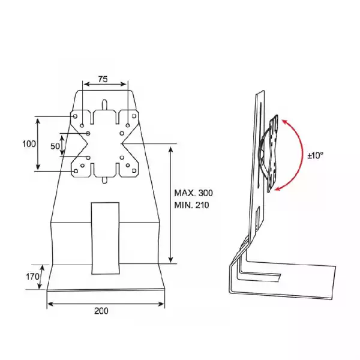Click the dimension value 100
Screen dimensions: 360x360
29,144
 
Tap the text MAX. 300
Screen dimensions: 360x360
193,193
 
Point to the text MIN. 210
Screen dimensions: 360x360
192,205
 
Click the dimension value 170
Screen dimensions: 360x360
32,277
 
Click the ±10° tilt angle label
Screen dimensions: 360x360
315,155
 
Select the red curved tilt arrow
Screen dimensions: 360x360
295,154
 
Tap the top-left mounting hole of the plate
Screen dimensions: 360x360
76,116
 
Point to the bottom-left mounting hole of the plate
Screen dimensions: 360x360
76,171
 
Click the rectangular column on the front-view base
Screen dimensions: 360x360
105,238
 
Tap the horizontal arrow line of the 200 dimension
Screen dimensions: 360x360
106,304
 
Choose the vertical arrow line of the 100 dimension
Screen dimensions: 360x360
39,144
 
